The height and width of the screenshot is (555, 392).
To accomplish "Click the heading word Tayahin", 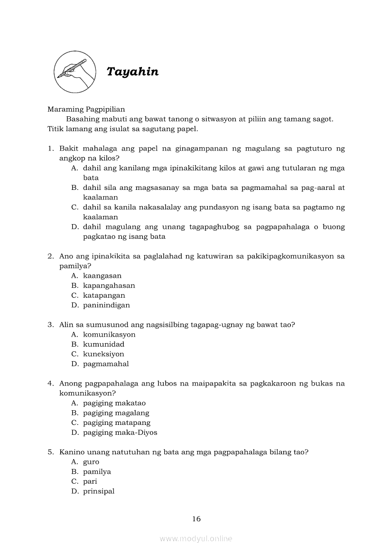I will click(x=132, y=72).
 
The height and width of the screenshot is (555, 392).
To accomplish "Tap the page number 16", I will click(x=196, y=519).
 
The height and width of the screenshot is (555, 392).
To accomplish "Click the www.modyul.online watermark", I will click(x=196, y=538).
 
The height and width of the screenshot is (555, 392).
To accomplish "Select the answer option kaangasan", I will click(x=102, y=276).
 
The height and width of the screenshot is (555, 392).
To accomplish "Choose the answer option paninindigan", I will click(x=106, y=305).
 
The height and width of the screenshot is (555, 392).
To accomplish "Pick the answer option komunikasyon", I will click(x=109, y=335).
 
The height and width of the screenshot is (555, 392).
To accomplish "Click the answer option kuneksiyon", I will click(x=103, y=354).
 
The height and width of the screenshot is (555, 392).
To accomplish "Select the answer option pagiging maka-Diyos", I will click(x=120, y=433).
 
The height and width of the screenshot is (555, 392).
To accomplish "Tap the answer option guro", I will click(x=91, y=462).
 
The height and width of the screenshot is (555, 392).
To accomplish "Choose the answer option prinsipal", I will click(x=99, y=491).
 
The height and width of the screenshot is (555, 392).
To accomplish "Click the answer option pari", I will click(x=90, y=481).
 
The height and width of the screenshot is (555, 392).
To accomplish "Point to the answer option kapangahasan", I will click(x=109, y=286).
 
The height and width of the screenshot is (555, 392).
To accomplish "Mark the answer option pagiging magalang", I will click(x=116, y=413).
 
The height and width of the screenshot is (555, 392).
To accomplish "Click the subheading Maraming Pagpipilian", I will click(x=86, y=109).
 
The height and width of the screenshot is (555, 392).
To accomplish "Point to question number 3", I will click(x=50, y=325).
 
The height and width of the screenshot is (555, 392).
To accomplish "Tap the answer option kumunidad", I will click(x=103, y=344).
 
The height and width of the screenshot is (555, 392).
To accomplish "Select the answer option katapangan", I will click(x=104, y=295).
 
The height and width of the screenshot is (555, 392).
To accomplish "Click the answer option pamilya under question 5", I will click(x=97, y=472).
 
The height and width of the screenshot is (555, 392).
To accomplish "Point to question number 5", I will click(x=50, y=452).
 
